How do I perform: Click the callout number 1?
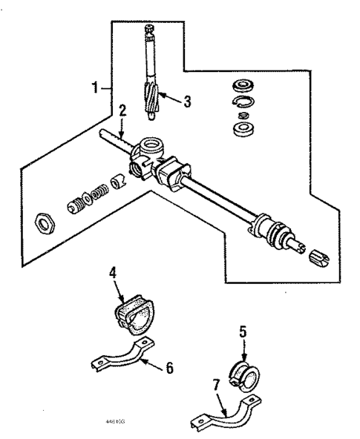(94, 88)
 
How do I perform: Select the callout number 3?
(187, 102)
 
